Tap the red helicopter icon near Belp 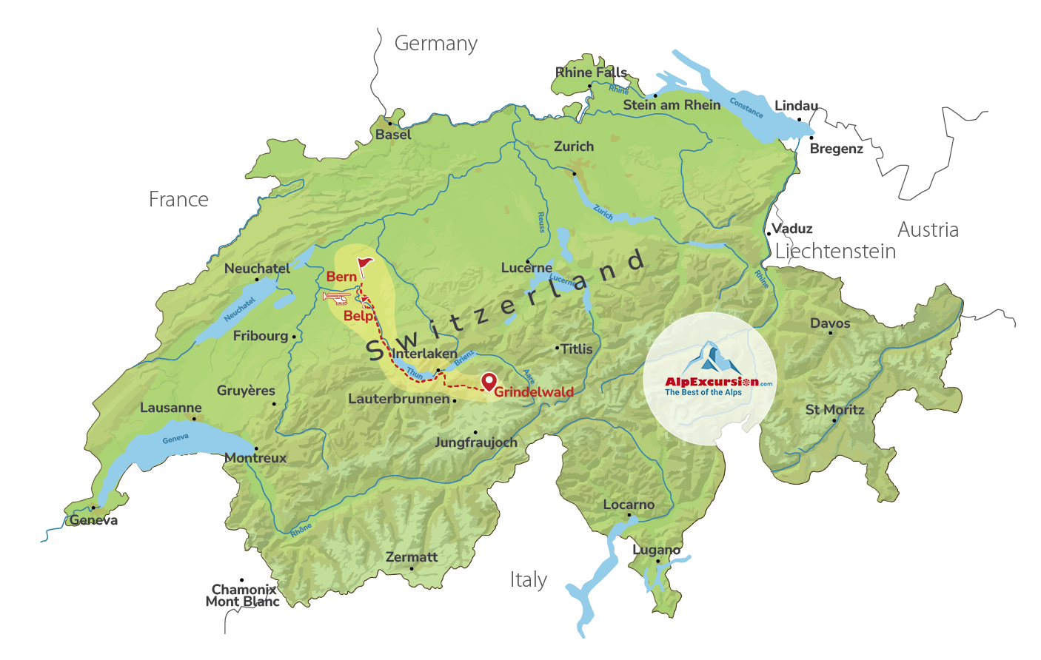337,297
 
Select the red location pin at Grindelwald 489,382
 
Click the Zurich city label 574,147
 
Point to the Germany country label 435,44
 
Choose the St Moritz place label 834,410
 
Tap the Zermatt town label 412,557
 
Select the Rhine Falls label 591,73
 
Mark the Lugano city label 656,550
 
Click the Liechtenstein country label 835,252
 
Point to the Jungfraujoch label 476,442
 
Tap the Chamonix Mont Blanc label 244,596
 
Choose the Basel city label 393,135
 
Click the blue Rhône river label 301,530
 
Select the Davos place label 830,323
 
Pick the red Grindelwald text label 534,392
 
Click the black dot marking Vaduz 769,234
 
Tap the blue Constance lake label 746,108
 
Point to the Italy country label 528,580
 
